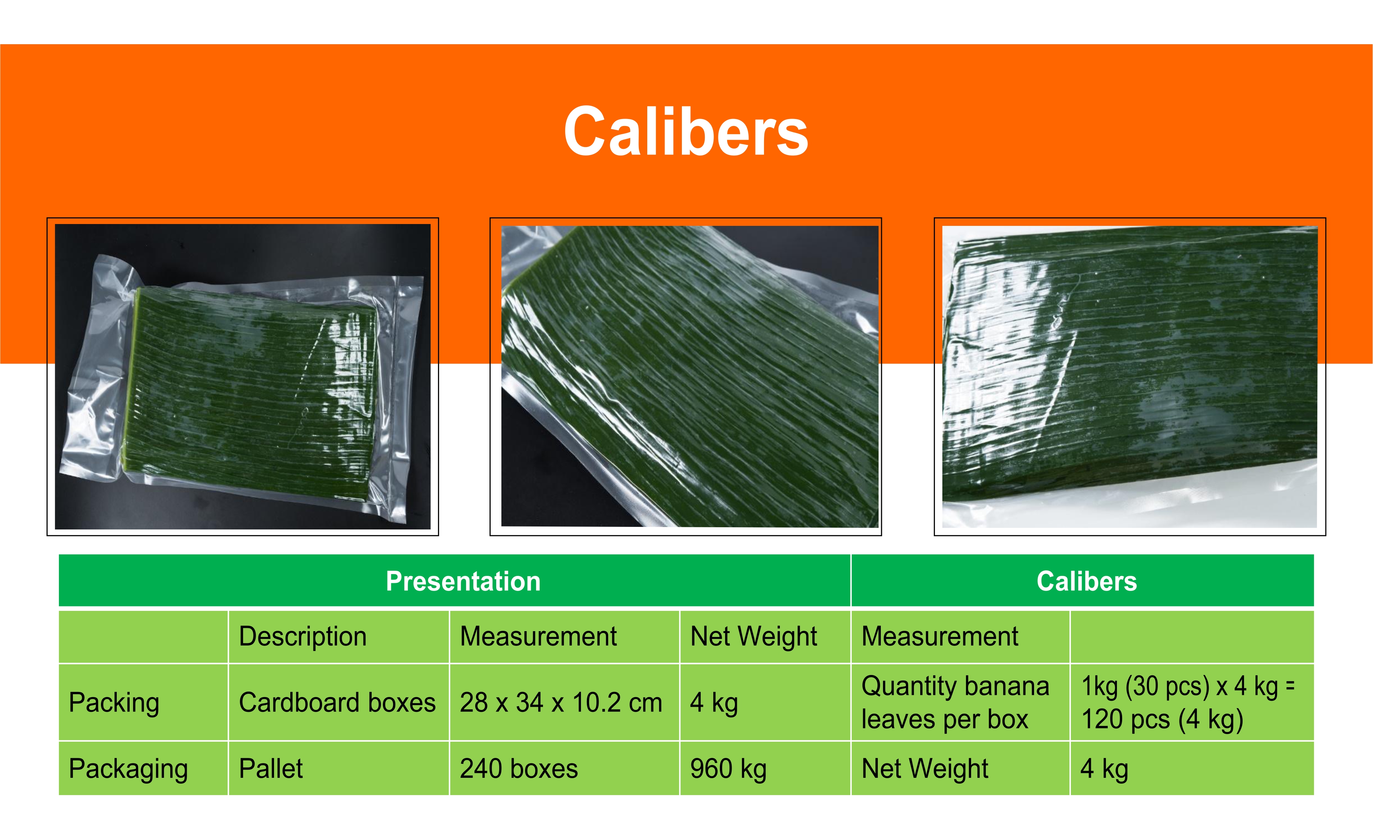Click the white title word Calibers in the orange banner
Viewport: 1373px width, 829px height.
(x=686, y=132)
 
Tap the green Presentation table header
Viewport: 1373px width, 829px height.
(x=463, y=581)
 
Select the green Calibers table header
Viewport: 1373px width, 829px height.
(x=1087, y=581)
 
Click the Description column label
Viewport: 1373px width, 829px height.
(x=302, y=636)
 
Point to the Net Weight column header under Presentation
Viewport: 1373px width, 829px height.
(x=753, y=636)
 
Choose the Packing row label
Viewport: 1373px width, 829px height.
(x=114, y=703)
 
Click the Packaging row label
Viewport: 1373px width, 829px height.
(x=128, y=769)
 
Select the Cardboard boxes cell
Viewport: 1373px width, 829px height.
(x=337, y=703)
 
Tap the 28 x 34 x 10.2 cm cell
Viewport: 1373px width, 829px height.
(x=561, y=703)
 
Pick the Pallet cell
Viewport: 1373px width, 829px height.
(x=271, y=769)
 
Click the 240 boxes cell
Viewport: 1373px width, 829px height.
(x=519, y=769)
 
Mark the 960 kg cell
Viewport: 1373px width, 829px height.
(x=728, y=769)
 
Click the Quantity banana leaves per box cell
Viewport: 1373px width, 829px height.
(x=955, y=703)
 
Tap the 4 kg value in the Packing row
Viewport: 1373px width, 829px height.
(x=714, y=703)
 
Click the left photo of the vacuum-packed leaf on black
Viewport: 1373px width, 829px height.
(x=242, y=377)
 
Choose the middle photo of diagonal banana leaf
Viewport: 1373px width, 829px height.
(x=690, y=377)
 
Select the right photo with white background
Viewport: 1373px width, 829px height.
(x=1129, y=377)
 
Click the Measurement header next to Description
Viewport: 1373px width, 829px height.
(x=538, y=636)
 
